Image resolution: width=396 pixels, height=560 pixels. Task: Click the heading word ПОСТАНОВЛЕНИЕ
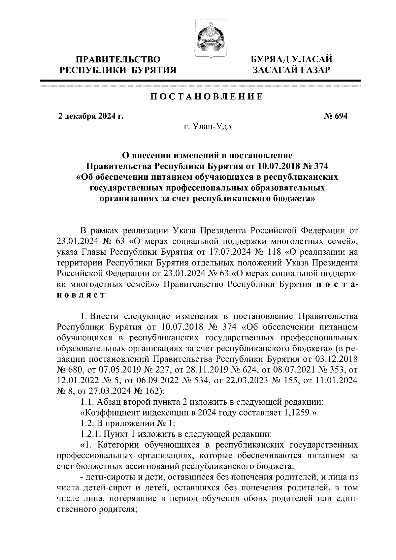[x=207, y=97]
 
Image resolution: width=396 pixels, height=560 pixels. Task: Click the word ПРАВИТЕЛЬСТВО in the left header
[x=118, y=60]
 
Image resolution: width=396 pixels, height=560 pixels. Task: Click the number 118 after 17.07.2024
[x=273, y=253]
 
